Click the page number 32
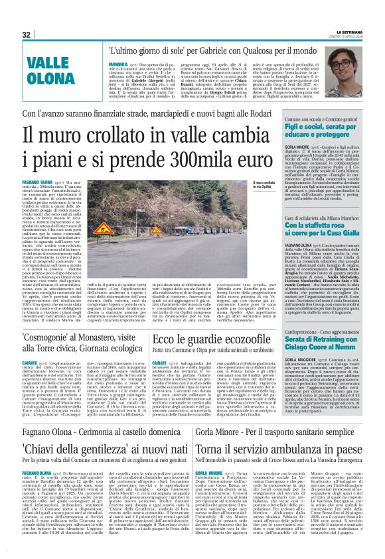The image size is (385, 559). coord(26,35)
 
